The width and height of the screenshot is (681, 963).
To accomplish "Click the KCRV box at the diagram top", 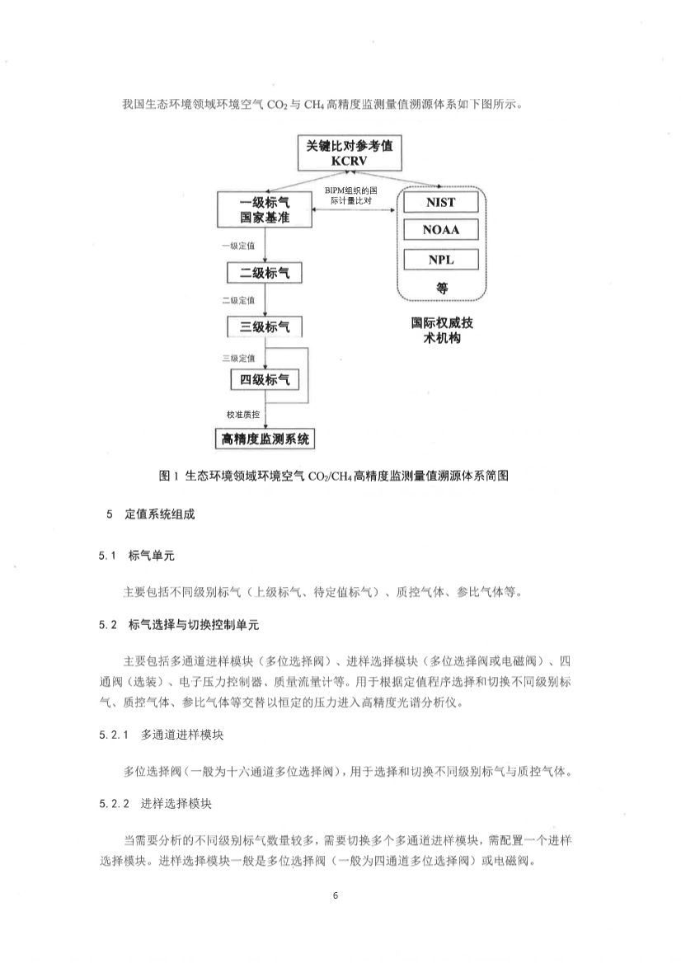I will [349, 153].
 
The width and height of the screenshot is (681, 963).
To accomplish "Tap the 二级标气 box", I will [264, 273].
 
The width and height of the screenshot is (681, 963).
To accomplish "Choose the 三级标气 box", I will [264, 326].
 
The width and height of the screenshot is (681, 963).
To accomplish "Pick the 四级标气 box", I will [264, 380].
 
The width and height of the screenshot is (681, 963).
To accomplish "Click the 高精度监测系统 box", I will [264, 438].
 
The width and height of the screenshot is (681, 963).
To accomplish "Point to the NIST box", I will [441, 202].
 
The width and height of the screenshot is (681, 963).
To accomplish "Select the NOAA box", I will [441, 231].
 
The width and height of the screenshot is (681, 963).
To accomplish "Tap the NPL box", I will [441, 260].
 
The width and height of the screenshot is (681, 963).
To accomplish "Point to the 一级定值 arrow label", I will [237, 246].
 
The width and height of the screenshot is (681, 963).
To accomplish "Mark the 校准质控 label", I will [242, 413].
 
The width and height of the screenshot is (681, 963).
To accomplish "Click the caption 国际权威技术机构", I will [441, 331].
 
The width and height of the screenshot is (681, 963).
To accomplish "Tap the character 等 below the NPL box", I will [441, 288].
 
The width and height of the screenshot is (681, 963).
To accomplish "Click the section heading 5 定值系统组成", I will [148, 514].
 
